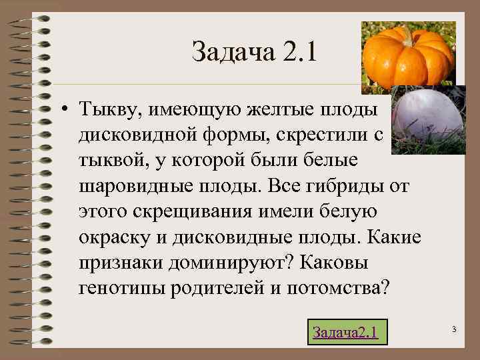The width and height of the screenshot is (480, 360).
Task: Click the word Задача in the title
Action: [x=229, y=51]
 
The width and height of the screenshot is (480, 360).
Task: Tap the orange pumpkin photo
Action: [x=408, y=56]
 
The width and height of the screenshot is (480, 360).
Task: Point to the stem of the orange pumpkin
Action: [x=406, y=34]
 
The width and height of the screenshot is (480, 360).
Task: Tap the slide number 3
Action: [x=453, y=329]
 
